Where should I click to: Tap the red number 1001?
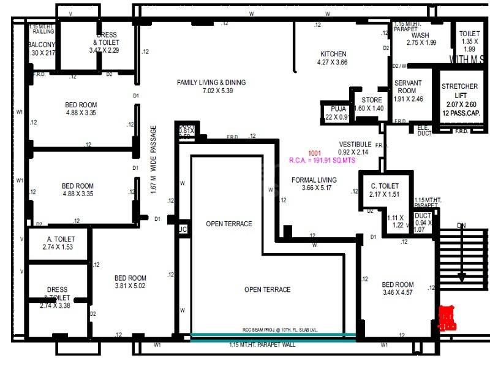point(315,152)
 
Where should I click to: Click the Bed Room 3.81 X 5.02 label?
point(130,282)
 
